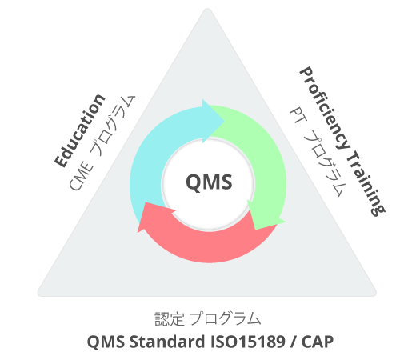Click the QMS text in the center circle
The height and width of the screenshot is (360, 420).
209,182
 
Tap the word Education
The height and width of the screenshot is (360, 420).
79,130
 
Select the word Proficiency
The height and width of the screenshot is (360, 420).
325,109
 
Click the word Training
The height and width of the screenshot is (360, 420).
366,183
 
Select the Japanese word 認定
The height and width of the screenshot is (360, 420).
170,319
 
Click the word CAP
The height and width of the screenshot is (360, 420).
318,342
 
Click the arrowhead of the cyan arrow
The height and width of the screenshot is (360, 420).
214,121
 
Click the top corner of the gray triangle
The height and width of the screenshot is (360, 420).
207,9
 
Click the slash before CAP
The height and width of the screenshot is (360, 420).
294,342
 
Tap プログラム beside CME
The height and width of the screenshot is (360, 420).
113,126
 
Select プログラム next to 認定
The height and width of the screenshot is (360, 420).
225,319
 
